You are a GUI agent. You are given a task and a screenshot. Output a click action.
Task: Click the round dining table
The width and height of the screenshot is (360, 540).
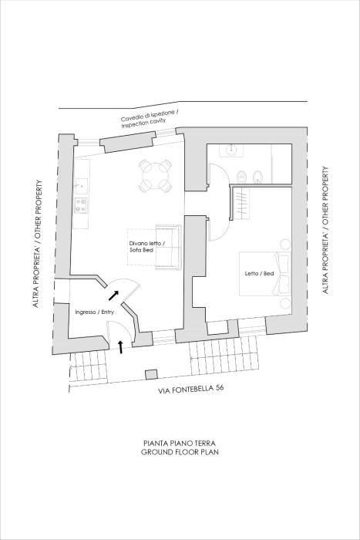point(155,175)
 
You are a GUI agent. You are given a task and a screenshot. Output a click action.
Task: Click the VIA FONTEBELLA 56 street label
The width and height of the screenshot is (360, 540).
point(191,388)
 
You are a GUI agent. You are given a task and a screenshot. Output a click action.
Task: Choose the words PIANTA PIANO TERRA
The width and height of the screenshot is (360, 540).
point(180,444)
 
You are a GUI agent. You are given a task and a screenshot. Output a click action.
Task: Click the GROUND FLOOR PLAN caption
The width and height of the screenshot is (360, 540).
point(180,453)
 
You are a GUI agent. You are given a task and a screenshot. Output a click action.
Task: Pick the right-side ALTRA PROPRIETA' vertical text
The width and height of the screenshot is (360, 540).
point(325,262)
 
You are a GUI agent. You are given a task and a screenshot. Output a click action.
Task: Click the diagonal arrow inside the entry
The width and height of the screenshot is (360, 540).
point(113,293)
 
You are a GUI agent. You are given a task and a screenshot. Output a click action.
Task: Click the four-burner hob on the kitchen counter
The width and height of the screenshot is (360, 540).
point(79,204)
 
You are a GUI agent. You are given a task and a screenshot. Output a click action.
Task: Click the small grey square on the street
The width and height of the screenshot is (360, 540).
point(149,375)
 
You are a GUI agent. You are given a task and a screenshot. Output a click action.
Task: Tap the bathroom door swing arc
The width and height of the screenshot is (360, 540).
point(220,174)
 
